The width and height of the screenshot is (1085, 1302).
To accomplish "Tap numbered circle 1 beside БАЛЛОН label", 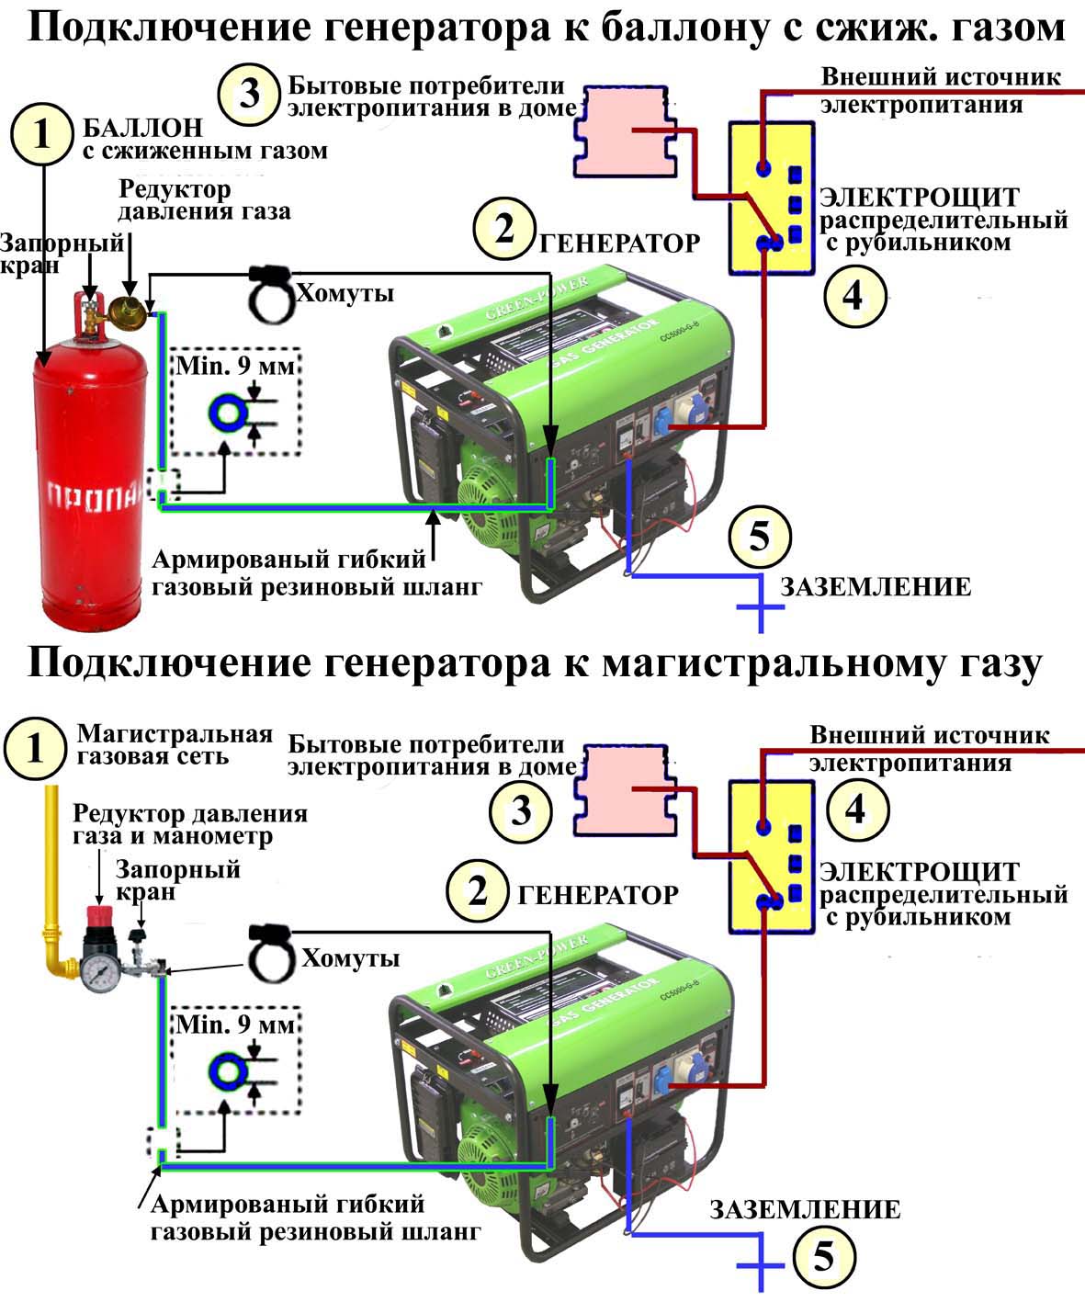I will click(x=41, y=134).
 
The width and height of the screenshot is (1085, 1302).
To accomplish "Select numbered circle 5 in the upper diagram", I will click(x=760, y=536).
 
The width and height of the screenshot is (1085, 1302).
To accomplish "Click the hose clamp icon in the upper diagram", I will click(x=270, y=292).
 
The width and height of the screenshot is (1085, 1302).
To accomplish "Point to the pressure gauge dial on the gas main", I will click(x=98, y=972).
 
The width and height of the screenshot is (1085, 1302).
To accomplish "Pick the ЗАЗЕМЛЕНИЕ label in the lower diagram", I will click(x=805, y=1209).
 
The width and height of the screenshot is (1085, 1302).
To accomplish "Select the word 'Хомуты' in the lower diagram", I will click(x=351, y=958).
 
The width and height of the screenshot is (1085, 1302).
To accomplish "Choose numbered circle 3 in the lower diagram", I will click(x=521, y=811).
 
